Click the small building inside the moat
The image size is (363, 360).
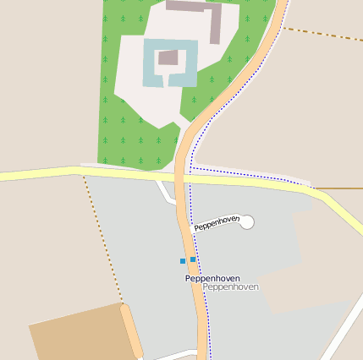click(168, 57)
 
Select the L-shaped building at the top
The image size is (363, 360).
click(215, 22)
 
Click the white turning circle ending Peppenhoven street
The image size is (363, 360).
click(247, 222)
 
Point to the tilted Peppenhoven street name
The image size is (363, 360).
click(217, 224)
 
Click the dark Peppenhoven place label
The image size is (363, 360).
click(212, 278)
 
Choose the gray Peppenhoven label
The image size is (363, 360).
click(231, 287)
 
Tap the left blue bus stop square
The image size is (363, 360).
click(182, 261)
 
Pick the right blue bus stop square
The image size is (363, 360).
click(193, 259)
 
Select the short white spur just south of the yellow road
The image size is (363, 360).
click(164, 191)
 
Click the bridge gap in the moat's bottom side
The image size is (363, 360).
click(170, 81)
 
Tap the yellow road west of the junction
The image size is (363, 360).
click(42, 175)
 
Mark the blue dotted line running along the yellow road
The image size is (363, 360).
click(254, 175)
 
